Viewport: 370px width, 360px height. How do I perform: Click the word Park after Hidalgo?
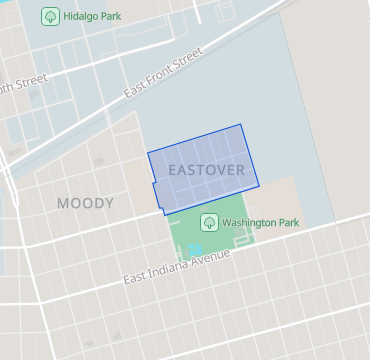point(120,17)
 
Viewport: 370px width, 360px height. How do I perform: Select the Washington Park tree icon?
point(209,222)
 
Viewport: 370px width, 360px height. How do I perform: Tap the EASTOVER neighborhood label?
point(206,170)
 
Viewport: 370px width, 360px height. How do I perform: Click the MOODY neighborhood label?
point(85,203)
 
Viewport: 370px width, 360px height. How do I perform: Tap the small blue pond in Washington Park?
point(195,248)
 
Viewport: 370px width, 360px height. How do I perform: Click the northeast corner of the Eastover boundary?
point(241,125)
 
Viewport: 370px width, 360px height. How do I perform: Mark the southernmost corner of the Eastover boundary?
point(165,214)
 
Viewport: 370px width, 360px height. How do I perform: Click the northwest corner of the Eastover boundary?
point(148,153)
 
